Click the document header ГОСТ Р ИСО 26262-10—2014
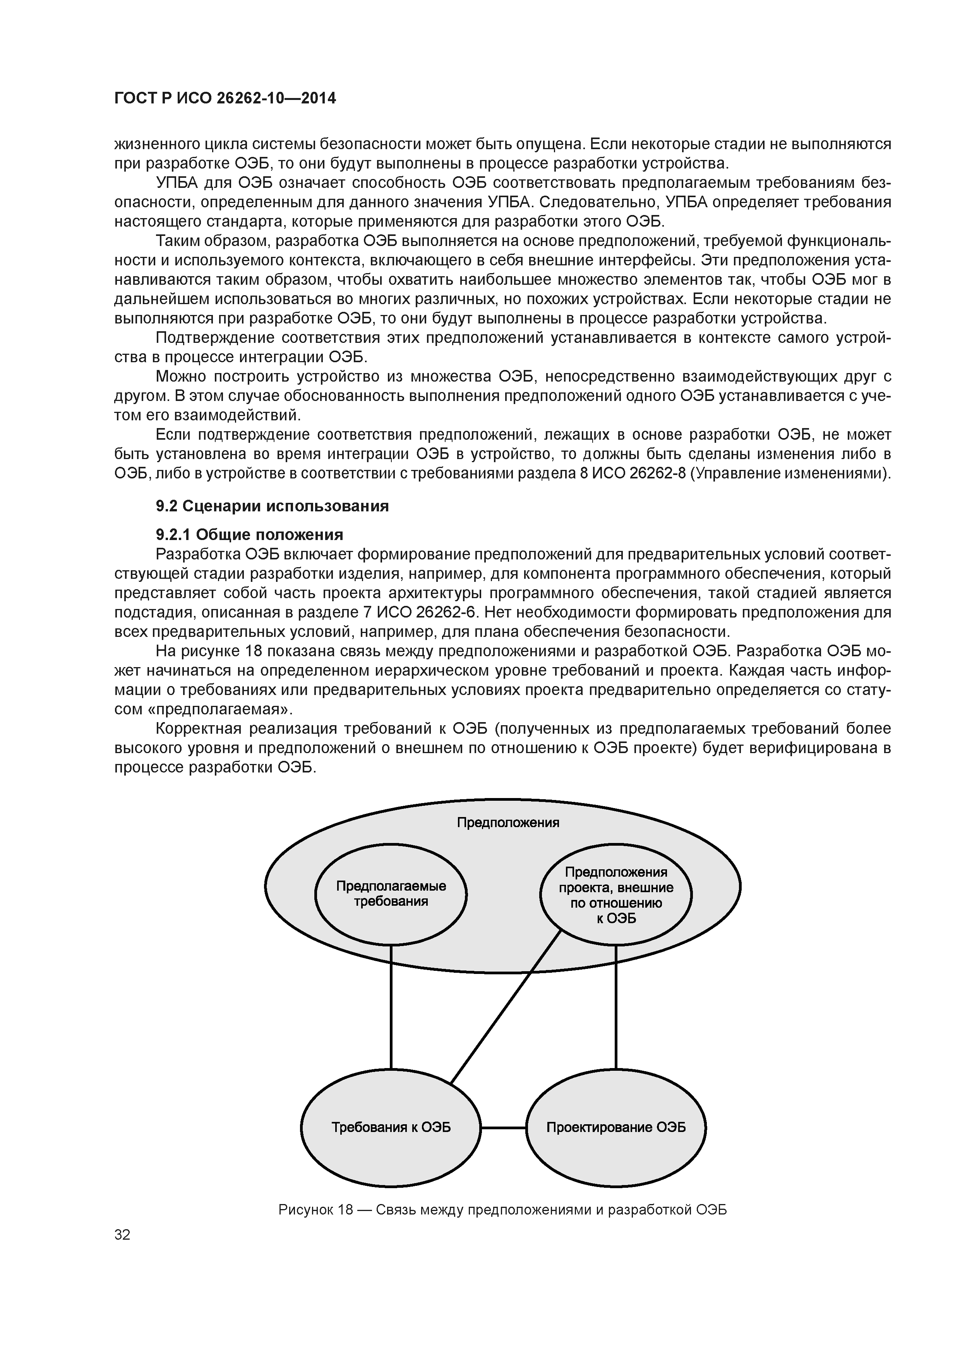coord(225,98)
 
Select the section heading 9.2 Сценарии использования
coord(272,506)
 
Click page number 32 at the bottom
coord(122,1235)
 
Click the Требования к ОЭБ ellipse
coord(391,1128)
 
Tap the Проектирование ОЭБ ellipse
coord(616,1128)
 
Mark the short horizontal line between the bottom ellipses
coord(503,1128)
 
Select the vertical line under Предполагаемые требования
coord(391,1018)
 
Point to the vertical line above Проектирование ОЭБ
coord(616,1018)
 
